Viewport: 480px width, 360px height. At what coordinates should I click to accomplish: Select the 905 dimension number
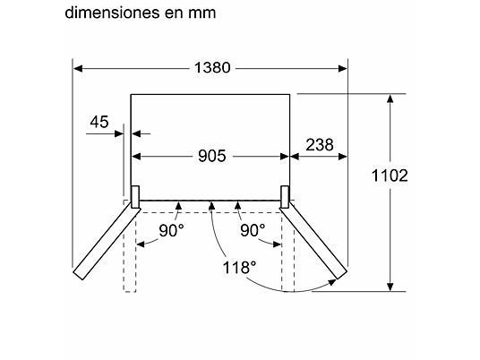[x=210, y=156]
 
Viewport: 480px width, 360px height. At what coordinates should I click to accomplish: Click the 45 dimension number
[x=100, y=124]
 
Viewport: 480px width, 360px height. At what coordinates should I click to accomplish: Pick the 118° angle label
[x=241, y=268]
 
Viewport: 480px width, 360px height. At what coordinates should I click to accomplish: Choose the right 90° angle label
[x=253, y=231]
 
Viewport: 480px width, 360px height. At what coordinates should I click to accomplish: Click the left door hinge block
[x=134, y=196]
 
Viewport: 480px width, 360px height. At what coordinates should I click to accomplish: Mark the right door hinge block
[x=286, y=196]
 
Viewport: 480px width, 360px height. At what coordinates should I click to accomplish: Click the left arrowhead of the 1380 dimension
[x=78, y=67]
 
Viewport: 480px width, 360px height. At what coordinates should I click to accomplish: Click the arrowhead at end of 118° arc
[x=332, y=282]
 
